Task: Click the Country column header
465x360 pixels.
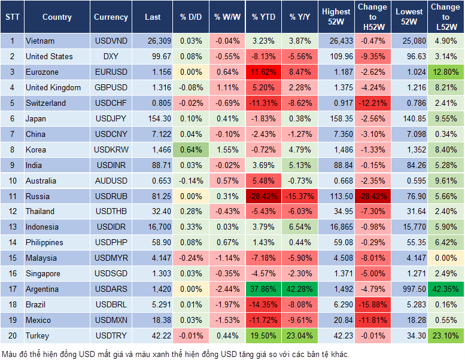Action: (57, 17)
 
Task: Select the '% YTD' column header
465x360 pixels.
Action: (264, 17)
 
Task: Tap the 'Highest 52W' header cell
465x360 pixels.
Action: (336, 17)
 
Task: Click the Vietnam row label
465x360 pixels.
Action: (41, 41)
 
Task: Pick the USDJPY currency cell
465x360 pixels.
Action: (111, 119)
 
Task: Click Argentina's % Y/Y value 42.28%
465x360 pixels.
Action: (300, 289)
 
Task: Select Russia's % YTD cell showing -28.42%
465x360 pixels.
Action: (264, 196)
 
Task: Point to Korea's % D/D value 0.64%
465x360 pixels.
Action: (190, 150)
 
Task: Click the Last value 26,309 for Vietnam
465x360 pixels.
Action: (153, 41)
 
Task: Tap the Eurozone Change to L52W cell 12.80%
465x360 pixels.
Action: (446, 72)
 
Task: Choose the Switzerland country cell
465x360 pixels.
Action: (46, 103)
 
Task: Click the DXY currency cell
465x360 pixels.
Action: (111, 57)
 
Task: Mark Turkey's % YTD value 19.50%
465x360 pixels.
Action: (264, 336)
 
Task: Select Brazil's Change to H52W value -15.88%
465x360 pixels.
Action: (372, 305)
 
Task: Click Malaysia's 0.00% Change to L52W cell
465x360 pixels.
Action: (446, 258)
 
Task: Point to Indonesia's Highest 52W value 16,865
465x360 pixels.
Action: (336, 227)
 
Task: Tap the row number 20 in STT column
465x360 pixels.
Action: (12, 336)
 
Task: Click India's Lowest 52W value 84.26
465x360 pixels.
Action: (409, 166)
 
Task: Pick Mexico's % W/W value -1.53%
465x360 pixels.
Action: (227, 321)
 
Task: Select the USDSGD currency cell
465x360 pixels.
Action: (111, 274)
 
